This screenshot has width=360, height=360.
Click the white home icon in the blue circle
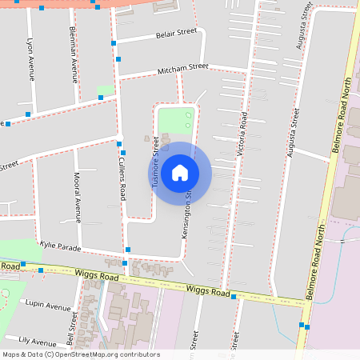[x=180, y=173]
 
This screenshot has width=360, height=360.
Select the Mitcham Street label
[x=182, y=67]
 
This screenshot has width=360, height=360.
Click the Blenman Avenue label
[x=74, y=59]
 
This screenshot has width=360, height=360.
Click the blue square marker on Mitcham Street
[x=118, y=58]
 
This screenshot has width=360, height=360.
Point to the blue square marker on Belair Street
[x=114, y=42]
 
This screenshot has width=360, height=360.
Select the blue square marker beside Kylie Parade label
[x=128, y=250]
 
